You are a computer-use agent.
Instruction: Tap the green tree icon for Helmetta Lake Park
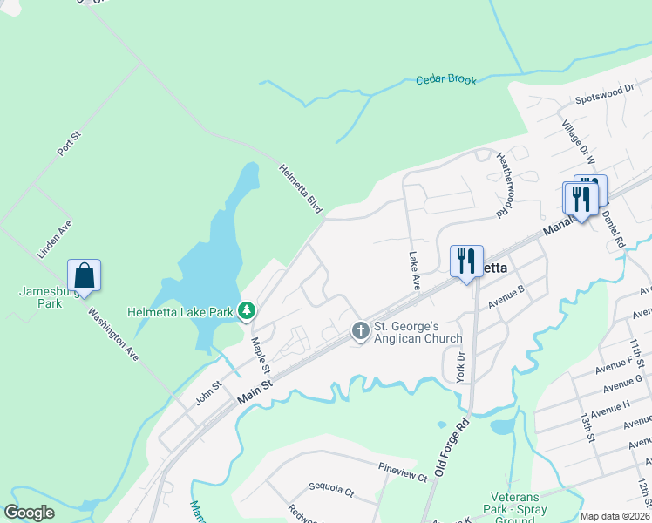248,310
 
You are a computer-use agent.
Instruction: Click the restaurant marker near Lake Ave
466,261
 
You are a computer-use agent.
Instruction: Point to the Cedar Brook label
446,80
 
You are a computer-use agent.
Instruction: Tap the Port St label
69,144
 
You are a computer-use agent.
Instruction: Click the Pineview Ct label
403,477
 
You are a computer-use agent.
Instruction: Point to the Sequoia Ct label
331,491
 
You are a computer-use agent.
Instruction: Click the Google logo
30,513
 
